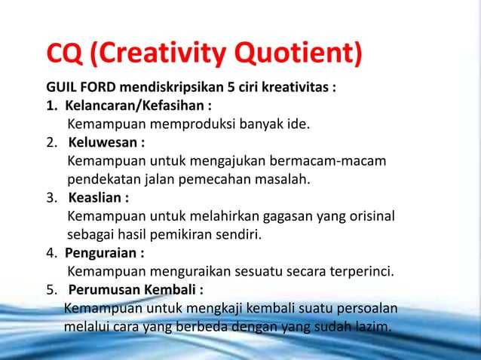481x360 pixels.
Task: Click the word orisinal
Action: [371, 217]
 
